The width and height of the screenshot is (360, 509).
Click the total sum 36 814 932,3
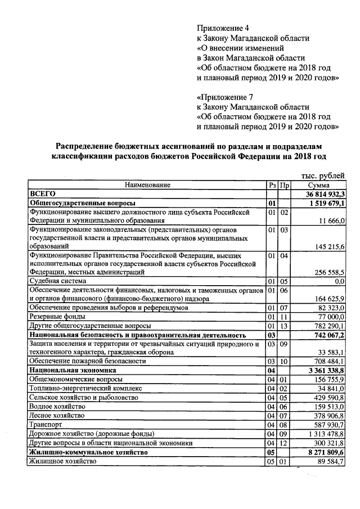coord(323,193)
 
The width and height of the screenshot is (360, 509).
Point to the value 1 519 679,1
coord(326,203)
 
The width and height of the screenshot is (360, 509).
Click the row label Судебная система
coord(58,281)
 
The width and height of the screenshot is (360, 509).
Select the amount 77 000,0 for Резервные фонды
coord(330,317)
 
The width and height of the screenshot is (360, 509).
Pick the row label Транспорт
coord(46,425)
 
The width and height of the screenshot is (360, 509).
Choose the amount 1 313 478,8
coord(326,434)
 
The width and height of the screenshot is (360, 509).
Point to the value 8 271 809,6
coord(326,452)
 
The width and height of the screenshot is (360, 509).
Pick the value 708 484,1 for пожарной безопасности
coord(329,361)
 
